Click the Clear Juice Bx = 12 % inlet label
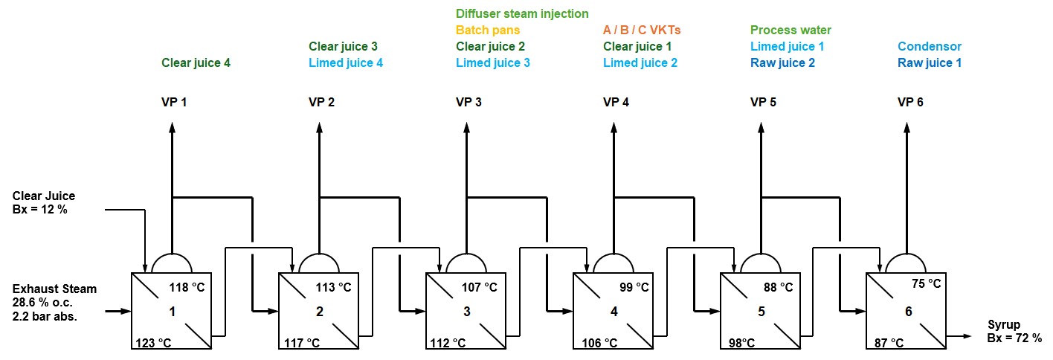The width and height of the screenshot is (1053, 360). pyautogui.click(x=44, y=202)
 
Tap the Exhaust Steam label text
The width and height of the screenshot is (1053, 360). pyautogui.click(x=54, y=289)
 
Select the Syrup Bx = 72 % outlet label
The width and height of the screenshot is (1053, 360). pyautogui.click(x=1014, y=331)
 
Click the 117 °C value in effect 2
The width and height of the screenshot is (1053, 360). pyautogui.click(x=303, y=343)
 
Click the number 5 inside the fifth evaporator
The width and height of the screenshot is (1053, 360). pyautogui.click(x=761, y=312)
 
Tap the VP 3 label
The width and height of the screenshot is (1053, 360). pyautogui.click(x=468, y=102)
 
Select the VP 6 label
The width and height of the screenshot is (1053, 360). pyautogui.click(x=910, y=102)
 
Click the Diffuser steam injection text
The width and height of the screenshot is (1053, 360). pyautogui.click(x=521, y=13)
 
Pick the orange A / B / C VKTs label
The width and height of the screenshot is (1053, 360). pyautogui.click(x=642, y=30)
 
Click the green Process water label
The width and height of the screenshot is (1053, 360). pyautogui.click(x=790, y=30)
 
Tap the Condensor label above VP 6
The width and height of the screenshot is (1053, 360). pyautogui.click(x=929, y=46)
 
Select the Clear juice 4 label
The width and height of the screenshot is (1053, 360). pyautogui.click(x=196, y=62)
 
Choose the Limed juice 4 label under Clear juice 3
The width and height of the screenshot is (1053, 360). pyautogui.click(x=346, y=62)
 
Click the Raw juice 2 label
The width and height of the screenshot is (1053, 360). pyautogui.click(x=782, y=62)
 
